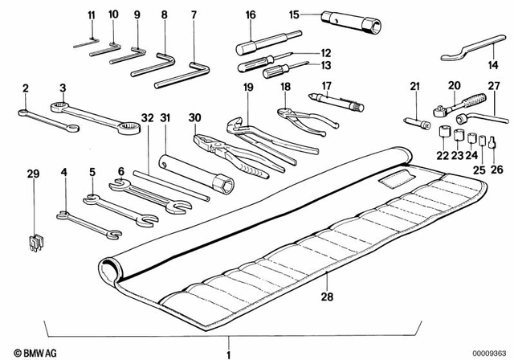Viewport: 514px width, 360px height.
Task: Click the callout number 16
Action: click(251, 15)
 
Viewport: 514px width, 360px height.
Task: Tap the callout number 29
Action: click(32, 174)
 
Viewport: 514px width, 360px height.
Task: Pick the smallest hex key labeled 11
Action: click(85, 45)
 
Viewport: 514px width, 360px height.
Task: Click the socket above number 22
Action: click(442, 129)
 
